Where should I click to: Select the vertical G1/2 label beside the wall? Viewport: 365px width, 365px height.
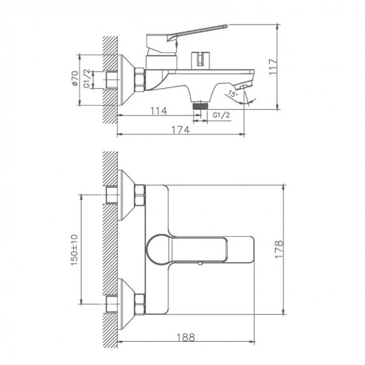(88, 76)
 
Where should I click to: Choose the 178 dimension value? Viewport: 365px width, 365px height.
(280, 247)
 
